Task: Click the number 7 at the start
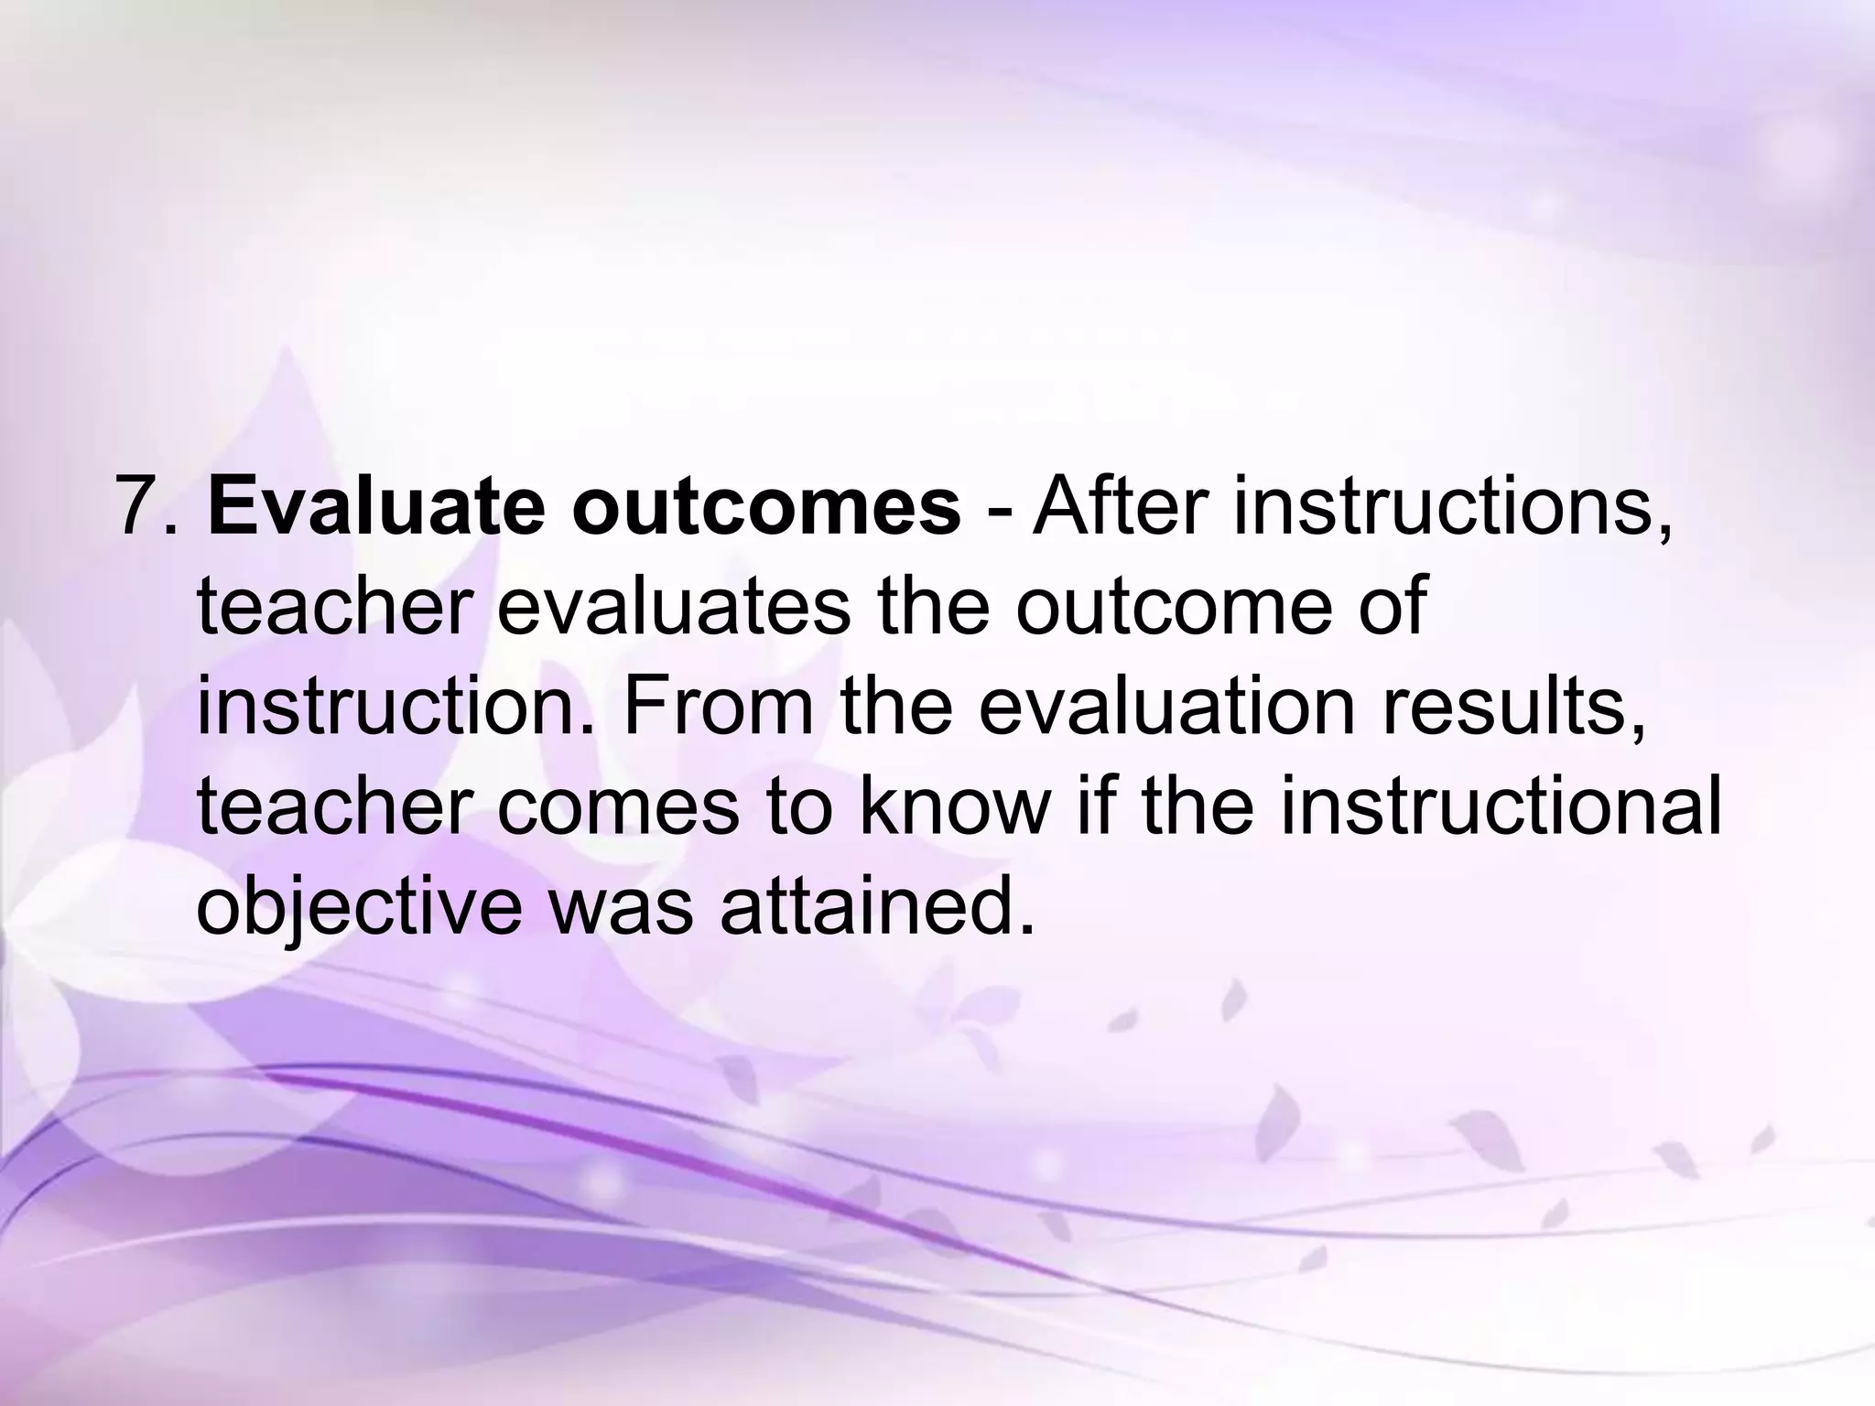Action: tap(137, 506)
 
